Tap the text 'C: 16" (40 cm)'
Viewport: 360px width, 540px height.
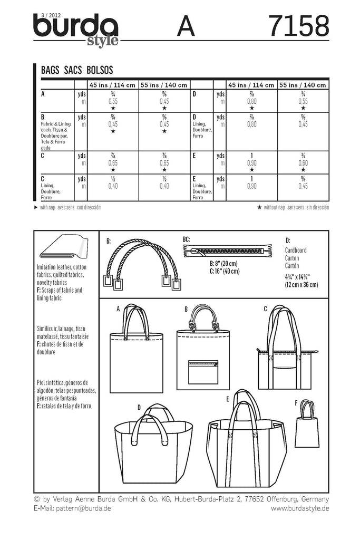[224, 271]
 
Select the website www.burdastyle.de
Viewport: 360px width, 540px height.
[300, 508]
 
